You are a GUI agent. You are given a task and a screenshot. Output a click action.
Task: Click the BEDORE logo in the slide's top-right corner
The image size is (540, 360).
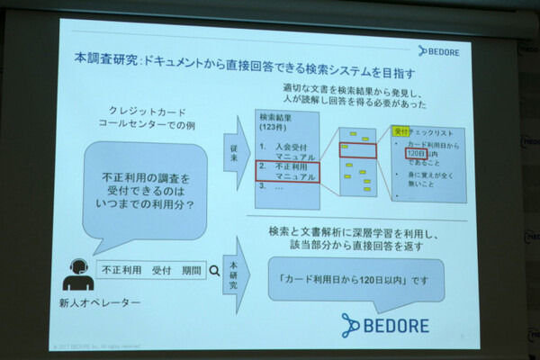(x=445, y=51)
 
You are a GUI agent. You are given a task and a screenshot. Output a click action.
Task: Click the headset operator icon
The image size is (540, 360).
(x=76, y=272)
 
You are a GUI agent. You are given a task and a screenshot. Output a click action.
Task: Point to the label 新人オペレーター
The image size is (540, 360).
(x=98, y=302)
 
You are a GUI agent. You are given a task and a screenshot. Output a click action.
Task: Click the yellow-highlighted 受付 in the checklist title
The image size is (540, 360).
(x=401, y=131)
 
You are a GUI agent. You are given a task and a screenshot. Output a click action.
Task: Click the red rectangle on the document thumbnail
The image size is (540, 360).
(x=357, y=149)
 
